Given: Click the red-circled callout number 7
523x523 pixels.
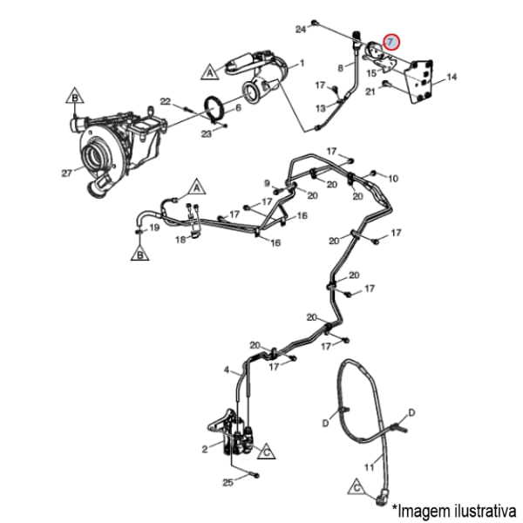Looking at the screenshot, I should [391, 41].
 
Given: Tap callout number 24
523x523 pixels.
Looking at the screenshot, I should [301, 30].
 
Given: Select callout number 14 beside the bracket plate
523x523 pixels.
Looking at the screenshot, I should [452, 78].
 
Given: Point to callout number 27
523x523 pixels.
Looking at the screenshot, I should [66, 173].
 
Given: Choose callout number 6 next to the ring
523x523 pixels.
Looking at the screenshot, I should [238, 107].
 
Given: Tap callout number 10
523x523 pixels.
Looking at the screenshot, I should [393, 178].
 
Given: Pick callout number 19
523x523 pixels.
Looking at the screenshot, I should [153, 228].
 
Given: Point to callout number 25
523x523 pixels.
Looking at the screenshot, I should [228, 481].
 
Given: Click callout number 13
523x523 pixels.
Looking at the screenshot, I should [320, 107].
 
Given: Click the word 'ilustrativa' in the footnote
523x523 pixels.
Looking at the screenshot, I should [480, 507].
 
